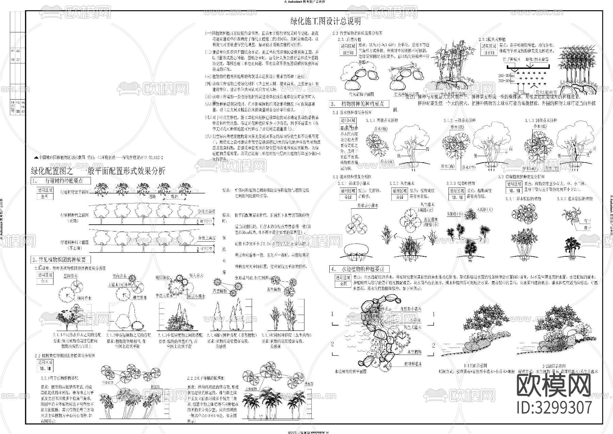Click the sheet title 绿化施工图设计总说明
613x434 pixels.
(x=325, y=22)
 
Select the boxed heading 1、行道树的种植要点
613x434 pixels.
(x=61, y=180)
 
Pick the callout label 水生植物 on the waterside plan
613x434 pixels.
(x=414, y=351)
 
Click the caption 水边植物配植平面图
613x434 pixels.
(x=351, y=372)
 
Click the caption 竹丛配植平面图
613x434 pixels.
(x=362, y=94)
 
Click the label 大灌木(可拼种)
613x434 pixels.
(x=120, y=284)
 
